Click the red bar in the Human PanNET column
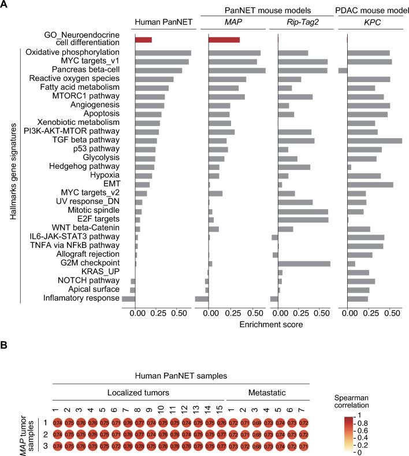[x=143, y=40]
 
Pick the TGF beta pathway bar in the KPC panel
[x=374, y=140]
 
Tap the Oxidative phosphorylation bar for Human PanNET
[x=163, y=53]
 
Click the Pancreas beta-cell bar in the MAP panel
[x=237, y=70]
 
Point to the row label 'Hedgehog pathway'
[x=91, y=166]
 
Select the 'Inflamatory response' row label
[x=81, y=298]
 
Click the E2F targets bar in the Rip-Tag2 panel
[x=303, y=220]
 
